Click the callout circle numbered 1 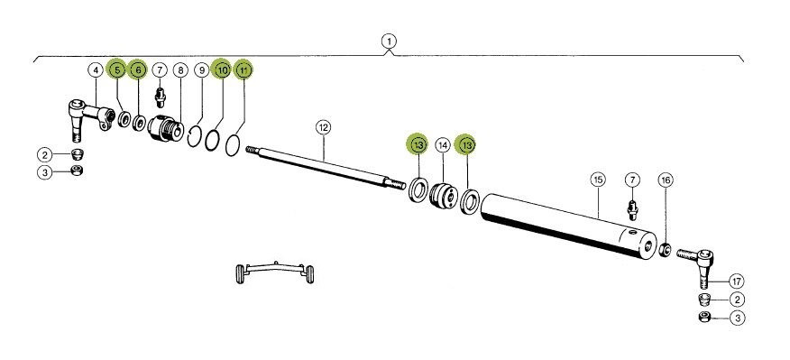[x=389, y=41]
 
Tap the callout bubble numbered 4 [x=96, y=69]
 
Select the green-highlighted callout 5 [x=117, y=69]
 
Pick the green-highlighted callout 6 [x=138, y=69]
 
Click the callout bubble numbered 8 [x=180, y=70]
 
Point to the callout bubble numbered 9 [x=201, y=70]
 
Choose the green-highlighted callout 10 [x=222, y=69]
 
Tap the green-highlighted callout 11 [x=243, y=69]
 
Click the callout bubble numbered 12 [x=323, y=127]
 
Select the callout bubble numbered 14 [x=443, y=146]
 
